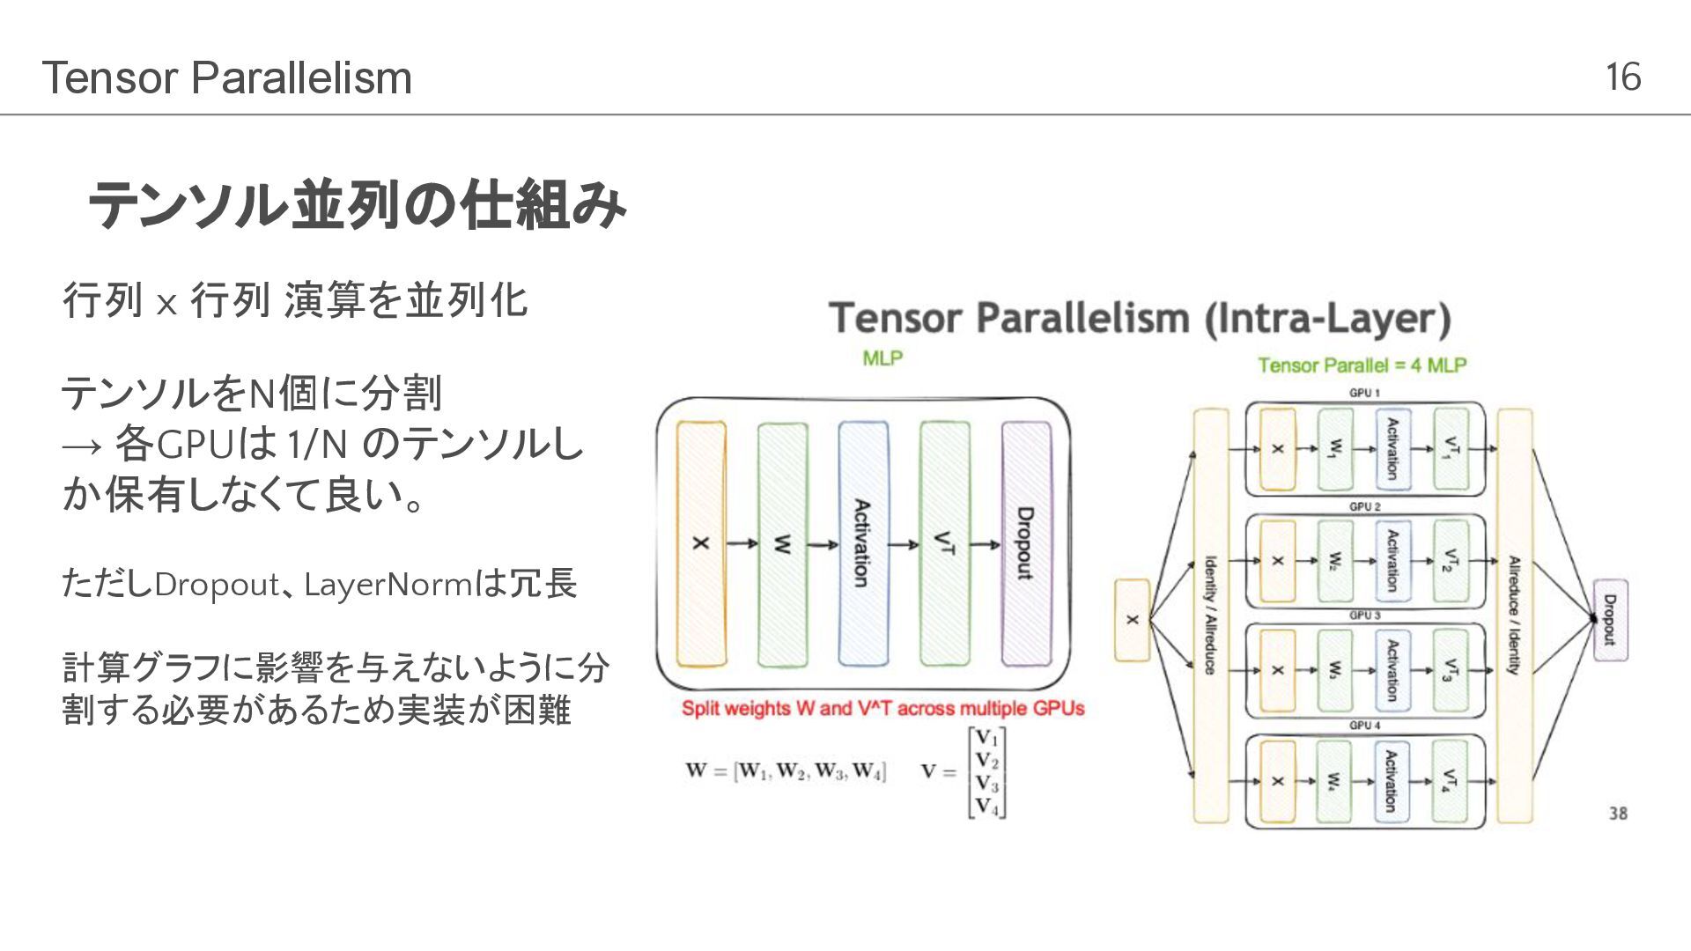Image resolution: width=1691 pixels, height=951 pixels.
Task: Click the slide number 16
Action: [x=1622, y=77]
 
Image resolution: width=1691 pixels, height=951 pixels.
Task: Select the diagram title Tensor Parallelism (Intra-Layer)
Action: [x=1140, y=319]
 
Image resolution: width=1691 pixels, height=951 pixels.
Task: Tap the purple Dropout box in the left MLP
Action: [x=1026, y=543]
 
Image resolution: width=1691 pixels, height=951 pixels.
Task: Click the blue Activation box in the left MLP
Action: [x=863, y=543]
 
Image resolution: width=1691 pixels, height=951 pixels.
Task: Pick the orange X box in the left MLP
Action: [x=701, y=543]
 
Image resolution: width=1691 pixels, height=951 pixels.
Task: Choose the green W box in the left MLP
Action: [x=782, y=543]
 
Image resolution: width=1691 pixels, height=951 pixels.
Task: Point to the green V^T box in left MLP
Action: [x=944, y=543]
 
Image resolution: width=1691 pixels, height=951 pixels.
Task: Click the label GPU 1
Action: [x=1364, y=393]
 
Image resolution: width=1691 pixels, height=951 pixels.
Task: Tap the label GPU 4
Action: [x=1364, y=726]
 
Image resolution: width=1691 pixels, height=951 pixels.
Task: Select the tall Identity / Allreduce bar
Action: [x=1210, y=616]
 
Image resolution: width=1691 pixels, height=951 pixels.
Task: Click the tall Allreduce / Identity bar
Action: [x=1514, y=616]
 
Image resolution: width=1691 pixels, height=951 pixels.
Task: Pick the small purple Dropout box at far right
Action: [x=1610, y=620]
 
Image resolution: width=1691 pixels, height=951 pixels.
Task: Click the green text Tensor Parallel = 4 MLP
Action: [x=1362, y=365]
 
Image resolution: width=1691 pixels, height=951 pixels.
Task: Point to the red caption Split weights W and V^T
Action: [x=882, y=709]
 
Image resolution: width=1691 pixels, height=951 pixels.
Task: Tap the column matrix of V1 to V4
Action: [x=986, y=772]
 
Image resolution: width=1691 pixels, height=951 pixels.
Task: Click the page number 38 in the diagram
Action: [x=1618, y=814]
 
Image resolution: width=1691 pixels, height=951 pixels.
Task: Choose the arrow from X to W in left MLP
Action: [x=742, y=543]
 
